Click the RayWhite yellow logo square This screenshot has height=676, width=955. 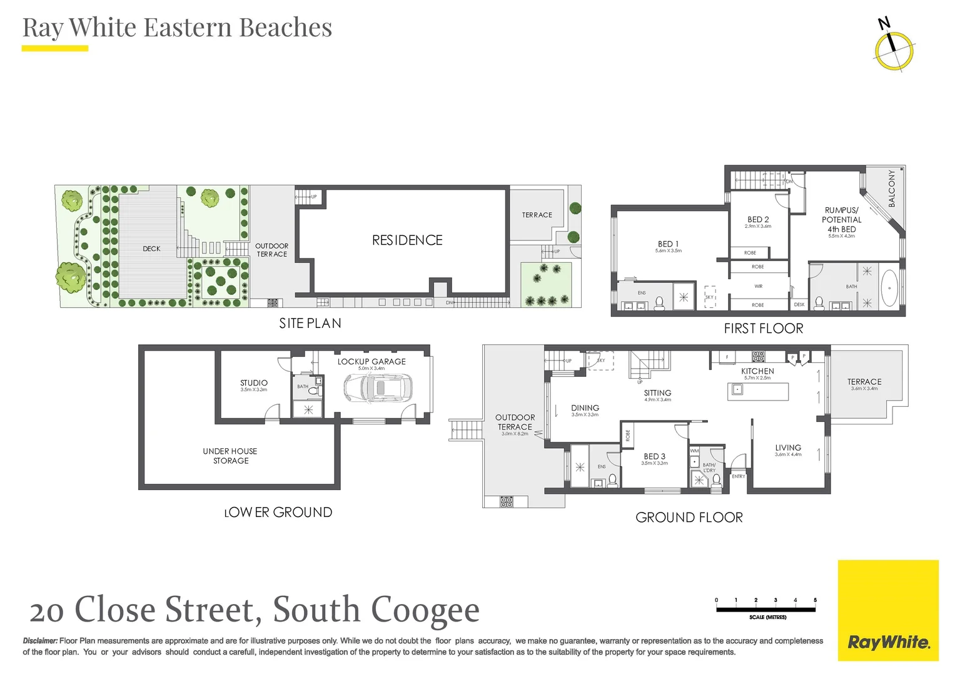[888, 610]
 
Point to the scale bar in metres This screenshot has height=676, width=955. [766, 608]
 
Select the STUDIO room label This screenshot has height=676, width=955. [254, 383]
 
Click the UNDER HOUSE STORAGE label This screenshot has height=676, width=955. [230, 456]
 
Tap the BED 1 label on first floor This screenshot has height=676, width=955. [668, 244]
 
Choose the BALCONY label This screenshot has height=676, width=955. [892, 188]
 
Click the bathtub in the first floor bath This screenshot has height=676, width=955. [889, 289]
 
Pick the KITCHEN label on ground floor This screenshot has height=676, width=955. [757, 371]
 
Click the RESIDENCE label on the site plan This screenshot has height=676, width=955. [407, 240]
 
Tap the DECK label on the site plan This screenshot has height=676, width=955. [151, 249]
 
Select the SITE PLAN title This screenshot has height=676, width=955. [310, 324]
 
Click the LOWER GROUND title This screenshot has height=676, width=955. [278, 513]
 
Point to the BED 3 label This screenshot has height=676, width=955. [654, 456]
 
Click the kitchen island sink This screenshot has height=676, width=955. [737, 390]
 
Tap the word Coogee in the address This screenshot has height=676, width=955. [425, 610]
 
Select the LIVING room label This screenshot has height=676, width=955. [788, 448]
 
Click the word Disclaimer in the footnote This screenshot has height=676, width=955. [40, 641]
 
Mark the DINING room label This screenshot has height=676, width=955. [585, 408]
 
